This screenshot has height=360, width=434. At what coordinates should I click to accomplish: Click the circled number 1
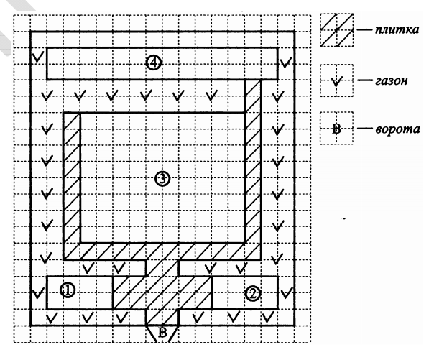click(66, 290)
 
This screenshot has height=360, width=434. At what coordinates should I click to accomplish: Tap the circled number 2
click(251, 292)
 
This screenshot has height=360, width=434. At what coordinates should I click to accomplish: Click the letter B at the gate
click(162, 331)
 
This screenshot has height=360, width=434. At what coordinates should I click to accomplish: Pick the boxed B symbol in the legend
click(336, 130)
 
